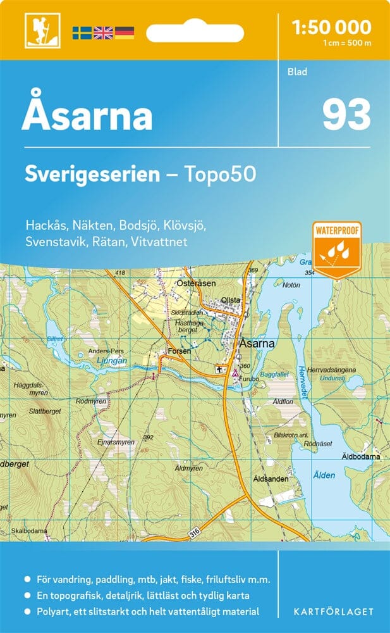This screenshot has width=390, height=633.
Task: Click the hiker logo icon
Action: (37, 30)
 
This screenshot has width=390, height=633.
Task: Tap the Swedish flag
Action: (82, 32)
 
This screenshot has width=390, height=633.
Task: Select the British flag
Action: (102, 32)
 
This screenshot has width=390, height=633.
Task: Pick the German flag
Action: (124, 32)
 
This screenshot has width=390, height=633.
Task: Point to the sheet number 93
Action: (346, 114)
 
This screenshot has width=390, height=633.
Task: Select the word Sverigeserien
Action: (92, 175)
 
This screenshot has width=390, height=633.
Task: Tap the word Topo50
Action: (219, 175)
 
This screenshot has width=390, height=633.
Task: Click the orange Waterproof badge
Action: (337, 249)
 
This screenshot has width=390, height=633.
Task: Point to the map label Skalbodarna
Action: (28, 530)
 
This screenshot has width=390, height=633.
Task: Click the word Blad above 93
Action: (296, 72)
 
